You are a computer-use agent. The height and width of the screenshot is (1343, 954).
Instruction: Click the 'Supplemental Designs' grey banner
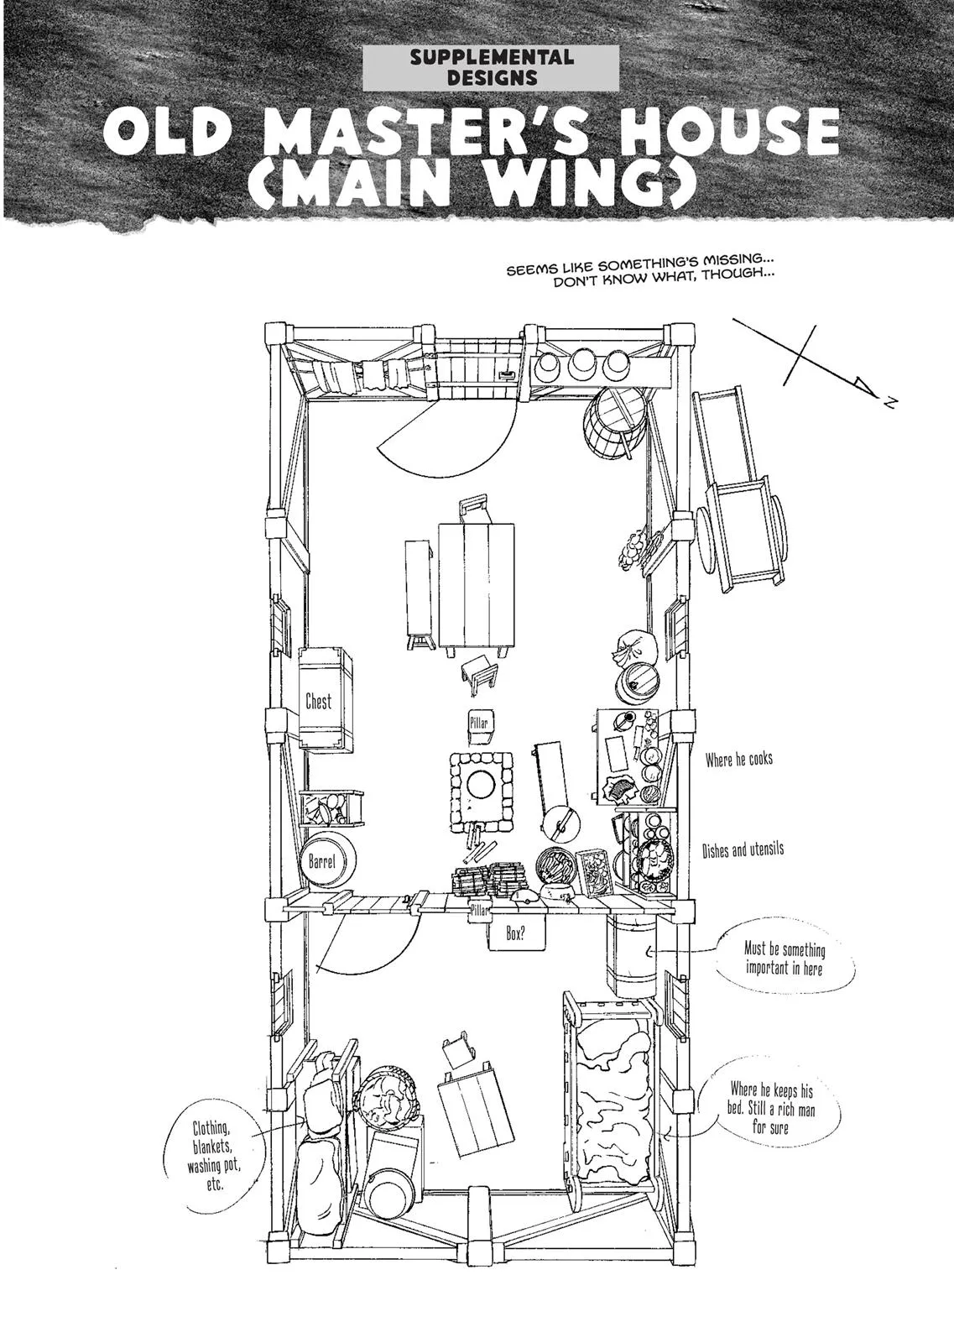coord(492,68)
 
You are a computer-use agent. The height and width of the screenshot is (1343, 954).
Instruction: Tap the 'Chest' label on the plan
coord(318,701)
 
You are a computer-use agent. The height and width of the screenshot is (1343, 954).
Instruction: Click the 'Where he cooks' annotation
coord(738,760)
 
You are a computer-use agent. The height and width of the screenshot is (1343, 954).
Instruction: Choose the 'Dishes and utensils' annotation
coord(743,849)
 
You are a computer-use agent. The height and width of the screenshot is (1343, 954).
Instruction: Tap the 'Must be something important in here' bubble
coord(784,959)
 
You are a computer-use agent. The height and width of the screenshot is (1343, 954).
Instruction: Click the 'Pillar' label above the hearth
coord(479,723)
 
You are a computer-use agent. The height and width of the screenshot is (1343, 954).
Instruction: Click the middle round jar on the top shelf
coord(579,363)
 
